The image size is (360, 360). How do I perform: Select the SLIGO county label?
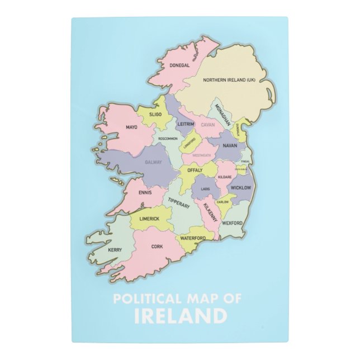[x=155, y=114]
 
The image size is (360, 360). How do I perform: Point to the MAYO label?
[x=131, y=127]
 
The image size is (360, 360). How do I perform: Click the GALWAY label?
[x=153, y=162]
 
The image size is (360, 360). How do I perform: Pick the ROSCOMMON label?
[x=168, y=139]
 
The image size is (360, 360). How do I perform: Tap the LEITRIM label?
[x=185, y=124]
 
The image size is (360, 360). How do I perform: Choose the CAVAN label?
[x=208, y=125]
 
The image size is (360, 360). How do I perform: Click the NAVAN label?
[x=230, y=145]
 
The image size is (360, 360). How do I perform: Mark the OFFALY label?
[x=195, y=169]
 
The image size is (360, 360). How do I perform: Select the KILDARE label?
[x=225, y=177]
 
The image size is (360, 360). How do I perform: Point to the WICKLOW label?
[x=241, y=188]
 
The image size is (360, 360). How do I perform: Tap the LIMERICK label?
[x=150, y=219]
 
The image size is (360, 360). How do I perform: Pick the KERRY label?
[x=115, y=249]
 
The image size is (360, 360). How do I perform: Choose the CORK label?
[x=157, y=246]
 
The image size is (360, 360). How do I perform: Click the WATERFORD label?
[x=193, y=238]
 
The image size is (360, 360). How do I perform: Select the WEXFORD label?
[x=233, y=223]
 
